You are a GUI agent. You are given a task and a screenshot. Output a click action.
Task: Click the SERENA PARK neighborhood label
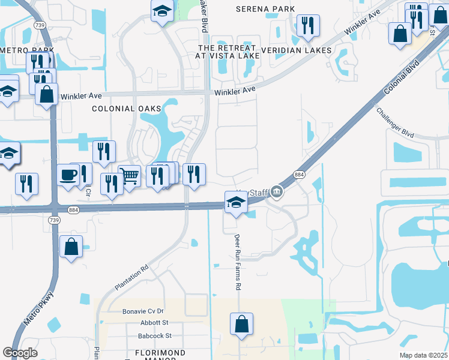point(265,9)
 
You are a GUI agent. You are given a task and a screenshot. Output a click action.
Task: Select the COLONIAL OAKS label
point(127,109)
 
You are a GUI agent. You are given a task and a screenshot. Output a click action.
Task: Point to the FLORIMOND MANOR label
point(151,352)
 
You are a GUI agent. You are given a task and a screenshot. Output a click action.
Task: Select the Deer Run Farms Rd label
point(237,263)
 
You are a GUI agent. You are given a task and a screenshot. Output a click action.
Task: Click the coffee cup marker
point(68,175)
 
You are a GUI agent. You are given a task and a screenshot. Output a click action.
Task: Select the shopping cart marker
point(129,176)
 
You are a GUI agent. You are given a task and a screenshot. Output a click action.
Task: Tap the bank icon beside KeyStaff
point(276,192)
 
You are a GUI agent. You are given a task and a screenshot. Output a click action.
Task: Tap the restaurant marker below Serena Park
point(307,25)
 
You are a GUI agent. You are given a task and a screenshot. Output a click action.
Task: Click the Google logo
point(20,353)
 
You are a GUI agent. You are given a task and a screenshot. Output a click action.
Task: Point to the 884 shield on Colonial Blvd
point(298,174)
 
